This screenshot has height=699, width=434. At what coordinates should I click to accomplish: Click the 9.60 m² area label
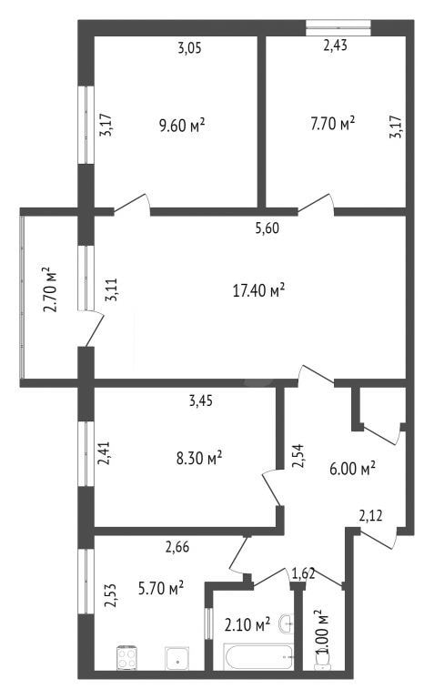coord(182,126)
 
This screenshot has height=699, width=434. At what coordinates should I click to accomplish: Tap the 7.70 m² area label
coord(333,123)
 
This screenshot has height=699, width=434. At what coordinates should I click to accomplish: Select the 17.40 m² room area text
coord(259,290)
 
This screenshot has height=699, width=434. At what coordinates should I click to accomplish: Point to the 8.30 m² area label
coord(199,458)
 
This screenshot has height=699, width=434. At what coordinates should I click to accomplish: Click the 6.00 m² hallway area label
coord(352,469)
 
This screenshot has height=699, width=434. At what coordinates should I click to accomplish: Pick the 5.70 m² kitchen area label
coord(161,589)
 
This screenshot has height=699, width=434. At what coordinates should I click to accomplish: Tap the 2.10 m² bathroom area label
coord(247,624)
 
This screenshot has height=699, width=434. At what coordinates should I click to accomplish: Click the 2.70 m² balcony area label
coord(50,289)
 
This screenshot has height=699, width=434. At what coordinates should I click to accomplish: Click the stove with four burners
coord(126,658)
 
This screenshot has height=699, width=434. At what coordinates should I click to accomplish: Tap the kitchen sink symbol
coord(177,658)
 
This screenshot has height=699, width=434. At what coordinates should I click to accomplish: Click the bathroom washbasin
coord(286,623)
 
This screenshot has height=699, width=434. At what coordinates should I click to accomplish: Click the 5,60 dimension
coord(267,228)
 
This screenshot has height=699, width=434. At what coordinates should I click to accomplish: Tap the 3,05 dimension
coord(190,47)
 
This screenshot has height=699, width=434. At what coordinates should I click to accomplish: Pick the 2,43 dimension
coord(335,45)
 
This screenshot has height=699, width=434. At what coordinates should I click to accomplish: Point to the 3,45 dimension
coord(201,400)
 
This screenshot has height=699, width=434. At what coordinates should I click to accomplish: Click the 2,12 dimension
coord(370,516)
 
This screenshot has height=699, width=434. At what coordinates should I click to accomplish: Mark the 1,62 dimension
coord(304,572)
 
